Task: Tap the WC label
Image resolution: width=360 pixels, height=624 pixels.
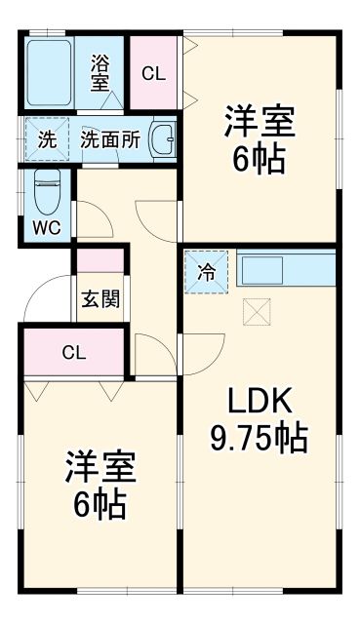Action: click(46, 229)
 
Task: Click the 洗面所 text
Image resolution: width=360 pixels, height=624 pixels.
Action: click(110, 138)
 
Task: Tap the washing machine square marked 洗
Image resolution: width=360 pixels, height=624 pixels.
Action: click(47, 138)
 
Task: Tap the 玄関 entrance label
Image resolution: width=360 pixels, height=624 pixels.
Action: click(100, 298)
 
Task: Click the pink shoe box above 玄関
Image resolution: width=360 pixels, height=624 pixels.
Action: click(100, 260)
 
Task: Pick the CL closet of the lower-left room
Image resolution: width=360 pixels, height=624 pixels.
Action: click(73, 352)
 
